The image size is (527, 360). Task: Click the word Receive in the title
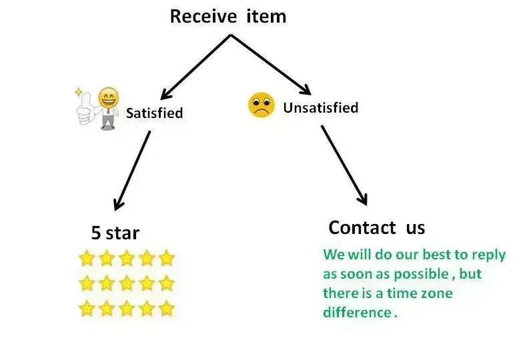tap(203, 17)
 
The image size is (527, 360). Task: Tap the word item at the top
tap(266, 17)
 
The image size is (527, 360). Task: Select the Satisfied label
tap(154, 113)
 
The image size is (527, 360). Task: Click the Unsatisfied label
tap(321, 108)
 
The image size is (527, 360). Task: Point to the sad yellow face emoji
tap(261, 105)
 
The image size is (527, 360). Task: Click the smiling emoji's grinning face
tap(109, 98)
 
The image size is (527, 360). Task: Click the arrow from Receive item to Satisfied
tap(195, 67)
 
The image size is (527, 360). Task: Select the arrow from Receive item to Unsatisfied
tap(271, 65)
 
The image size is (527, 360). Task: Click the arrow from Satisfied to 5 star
tap(133, 171)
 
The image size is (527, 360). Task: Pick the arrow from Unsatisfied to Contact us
tap(344, 165)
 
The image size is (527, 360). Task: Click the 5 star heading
tap(115, 233)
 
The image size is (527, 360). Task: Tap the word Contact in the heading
tap(362, 228)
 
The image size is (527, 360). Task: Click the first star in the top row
tap(86, 258)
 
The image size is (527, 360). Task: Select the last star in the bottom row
tap(166, 308)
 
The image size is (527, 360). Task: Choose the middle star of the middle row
tap(127, 283)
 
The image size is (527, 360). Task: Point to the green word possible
tap(422, 275)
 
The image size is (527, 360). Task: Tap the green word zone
tap(436, 293)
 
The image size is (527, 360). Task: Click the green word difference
tap(358, 312)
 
